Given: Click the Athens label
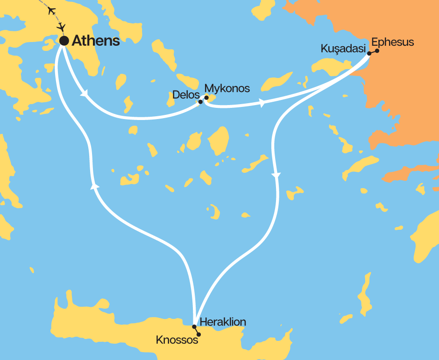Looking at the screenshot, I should click(x=96, y=41).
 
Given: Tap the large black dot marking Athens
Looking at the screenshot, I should click(x=64, y=41).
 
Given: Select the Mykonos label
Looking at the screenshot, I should click(x=227, y=88).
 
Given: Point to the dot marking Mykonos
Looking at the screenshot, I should click(x=206, y=98).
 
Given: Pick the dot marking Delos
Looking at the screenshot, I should click(x=200, y=101).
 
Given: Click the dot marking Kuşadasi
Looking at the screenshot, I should click(x=369, y=54).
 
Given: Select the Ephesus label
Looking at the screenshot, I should click(x=392, y=42).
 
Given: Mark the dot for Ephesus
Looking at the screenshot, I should click(x=377, y=51).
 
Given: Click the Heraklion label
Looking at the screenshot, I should click(x=222, y=322).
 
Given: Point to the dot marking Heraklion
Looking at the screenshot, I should click(x=194, y=326).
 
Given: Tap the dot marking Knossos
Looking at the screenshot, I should click(x=199, y=334).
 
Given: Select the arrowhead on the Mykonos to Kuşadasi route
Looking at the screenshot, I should click(x=262, y=103).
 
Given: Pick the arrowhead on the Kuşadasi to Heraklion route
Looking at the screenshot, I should click(x=276, y=176).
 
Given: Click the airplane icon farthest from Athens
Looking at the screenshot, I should click(x=52, y=10).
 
